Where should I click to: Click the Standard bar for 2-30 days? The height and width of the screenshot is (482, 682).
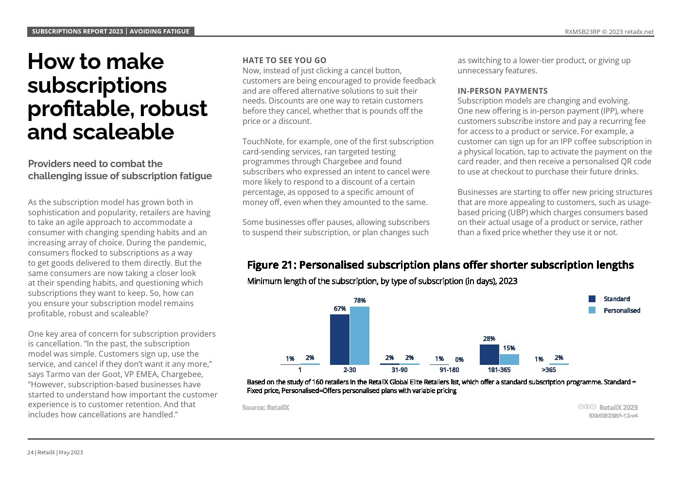click(339, 339)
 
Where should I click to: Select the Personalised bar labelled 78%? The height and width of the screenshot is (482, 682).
click(360, 335)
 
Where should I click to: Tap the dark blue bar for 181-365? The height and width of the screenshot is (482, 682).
click(489, 354)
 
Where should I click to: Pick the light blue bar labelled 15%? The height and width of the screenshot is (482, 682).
click(509, 359)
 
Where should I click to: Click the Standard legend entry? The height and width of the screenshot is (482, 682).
click(616, 299)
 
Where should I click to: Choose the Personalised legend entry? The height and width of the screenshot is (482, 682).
click(621, 310)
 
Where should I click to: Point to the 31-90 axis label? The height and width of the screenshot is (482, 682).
click(399, 370)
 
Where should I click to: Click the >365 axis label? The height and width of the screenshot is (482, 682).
click(548, 370)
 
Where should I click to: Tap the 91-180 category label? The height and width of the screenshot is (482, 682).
click(449, 370)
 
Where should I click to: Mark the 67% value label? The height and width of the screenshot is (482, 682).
click(339, 309)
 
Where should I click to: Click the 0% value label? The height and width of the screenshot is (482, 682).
click(459, 360)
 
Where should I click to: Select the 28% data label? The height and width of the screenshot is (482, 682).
click(489, 339)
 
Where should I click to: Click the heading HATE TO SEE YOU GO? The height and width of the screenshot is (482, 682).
click(284, 60)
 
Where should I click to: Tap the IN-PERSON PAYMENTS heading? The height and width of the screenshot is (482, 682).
click(502, 91)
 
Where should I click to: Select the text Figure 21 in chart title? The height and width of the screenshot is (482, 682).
click(270, 265)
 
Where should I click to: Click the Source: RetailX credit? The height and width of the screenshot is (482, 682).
click(265, 407)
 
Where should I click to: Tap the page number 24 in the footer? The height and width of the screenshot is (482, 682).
click(30, 452)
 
